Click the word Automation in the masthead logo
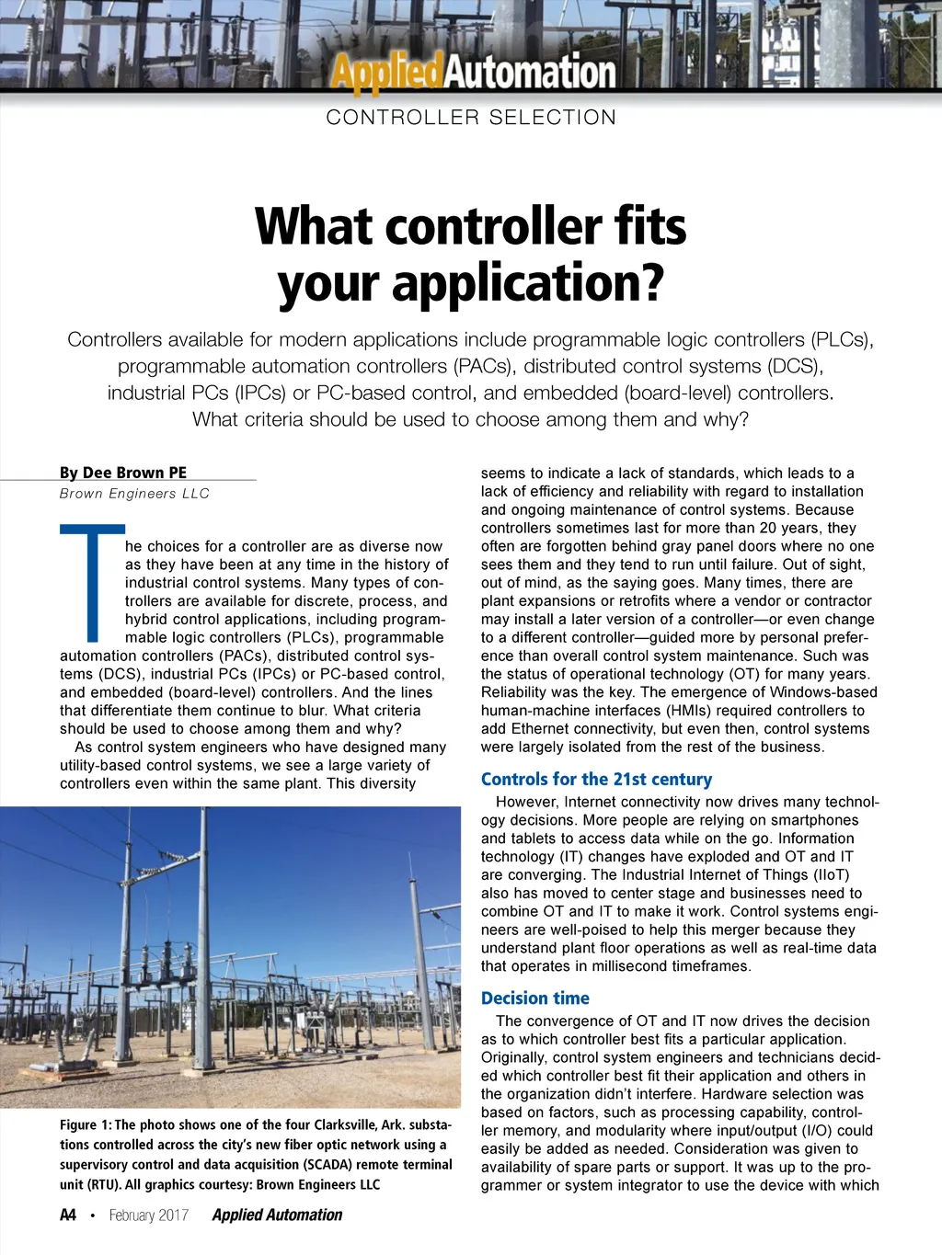[x=530, y=72]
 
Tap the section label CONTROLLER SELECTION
[x=471, y=118]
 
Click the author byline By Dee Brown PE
[x=123, y=473]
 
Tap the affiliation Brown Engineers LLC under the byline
[x=134, y=494]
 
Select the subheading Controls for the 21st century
[x=596, y=779]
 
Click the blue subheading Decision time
[x=534, y=998]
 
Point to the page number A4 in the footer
[x=68, y=1215]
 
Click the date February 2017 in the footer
[x=148, y=1215]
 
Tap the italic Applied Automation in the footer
[x=277, y=1215]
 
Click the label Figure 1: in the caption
[x=86, y=1124]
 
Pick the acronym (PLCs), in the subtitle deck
[x=843, y=339]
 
